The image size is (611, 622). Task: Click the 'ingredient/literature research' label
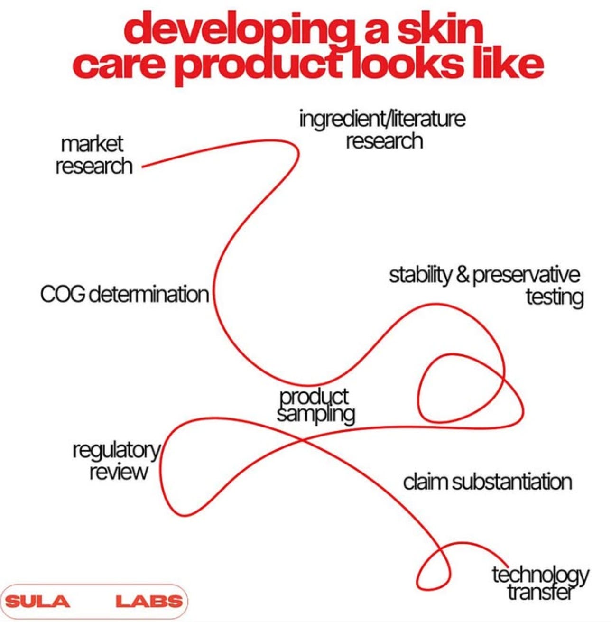(382, 130)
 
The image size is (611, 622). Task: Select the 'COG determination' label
(124, 294)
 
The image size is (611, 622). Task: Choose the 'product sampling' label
(315, 405)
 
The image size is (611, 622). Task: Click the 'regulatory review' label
(117, 460)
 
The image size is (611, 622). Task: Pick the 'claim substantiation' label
(487, 482)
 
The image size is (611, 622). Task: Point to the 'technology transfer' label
(540, 583)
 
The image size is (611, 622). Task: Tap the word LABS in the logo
(149, 602)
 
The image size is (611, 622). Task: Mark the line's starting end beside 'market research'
(143, 167)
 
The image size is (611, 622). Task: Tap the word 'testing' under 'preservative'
(554, 297)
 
